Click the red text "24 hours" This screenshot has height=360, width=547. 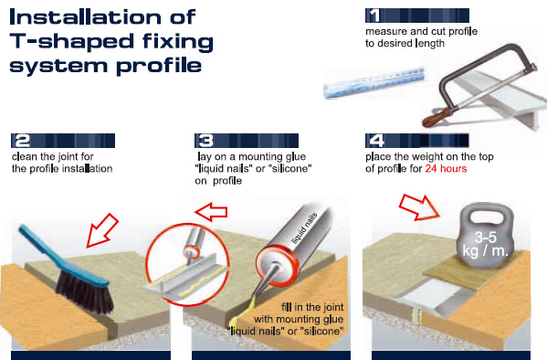tap(446, 169)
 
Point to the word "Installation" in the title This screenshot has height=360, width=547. tap(86, 17)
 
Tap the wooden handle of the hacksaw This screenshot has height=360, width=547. tap(437, 118)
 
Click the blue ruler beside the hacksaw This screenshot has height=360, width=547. tap(373, 83)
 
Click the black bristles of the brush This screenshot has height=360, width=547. tap(85, 291)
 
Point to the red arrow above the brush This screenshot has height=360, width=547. tap(102, 230)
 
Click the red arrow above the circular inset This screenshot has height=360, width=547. tap(211, 212)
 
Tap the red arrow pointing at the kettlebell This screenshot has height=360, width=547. tap(419, 207)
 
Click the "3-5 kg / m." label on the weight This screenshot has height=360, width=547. tap(485, 244)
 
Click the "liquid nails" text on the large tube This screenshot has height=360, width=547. tap(304, 228)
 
